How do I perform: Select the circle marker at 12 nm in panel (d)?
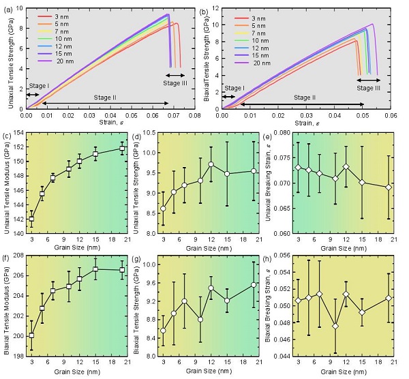pyautogui.click(x=211, y=164)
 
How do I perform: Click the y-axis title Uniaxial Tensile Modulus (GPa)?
pyautogui.click(x=7, y=182)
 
